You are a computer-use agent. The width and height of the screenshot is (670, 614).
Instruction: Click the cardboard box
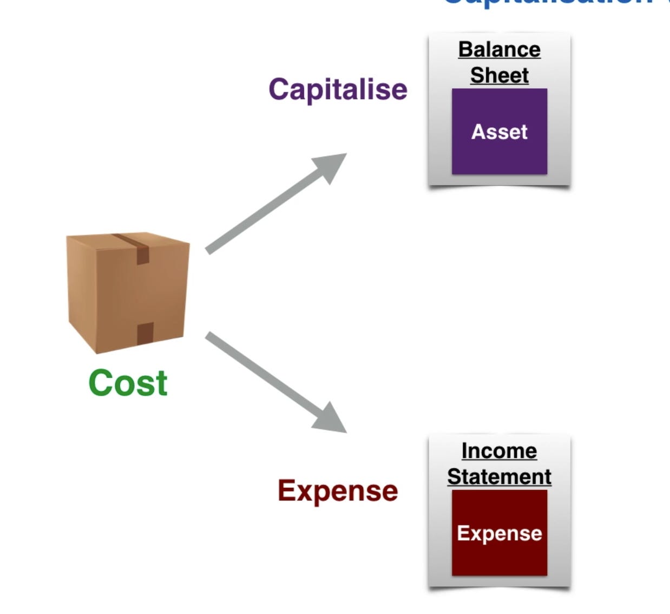point(128,292)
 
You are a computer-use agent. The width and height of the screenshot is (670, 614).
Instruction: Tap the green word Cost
point(128,383)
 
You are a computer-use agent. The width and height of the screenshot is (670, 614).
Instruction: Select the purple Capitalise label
point(338,89)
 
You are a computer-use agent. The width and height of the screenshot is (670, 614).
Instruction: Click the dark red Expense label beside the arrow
point(338,491)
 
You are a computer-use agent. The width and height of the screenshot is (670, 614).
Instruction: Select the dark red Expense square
point(499,558)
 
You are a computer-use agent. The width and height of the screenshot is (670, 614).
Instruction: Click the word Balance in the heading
point(499,50)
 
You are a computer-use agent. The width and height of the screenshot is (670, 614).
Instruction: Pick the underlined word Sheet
point(499,75)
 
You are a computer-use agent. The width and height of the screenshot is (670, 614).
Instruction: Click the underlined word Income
point(499,451)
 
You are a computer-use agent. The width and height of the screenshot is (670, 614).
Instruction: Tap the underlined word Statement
point(499,477)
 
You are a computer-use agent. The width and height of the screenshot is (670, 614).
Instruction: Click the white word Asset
point(499,132)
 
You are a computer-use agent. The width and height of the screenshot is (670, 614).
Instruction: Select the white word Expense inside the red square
point(499,533)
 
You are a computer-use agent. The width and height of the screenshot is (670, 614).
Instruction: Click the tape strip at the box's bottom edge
point(144,334)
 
